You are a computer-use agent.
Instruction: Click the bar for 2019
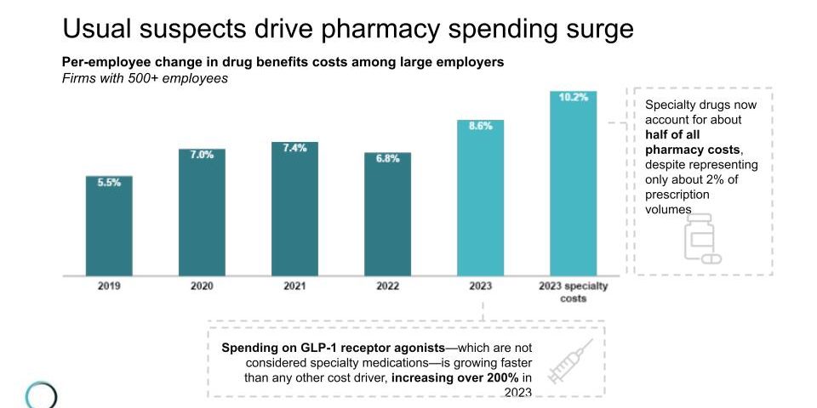click(109, 226)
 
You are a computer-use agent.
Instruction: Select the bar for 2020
click(202, 212)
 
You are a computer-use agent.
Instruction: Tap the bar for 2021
click(294, 209)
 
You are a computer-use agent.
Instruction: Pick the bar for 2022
click(387, 214)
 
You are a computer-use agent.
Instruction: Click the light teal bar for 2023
click(480, 197)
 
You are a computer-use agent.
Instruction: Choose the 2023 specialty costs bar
click(573, 184)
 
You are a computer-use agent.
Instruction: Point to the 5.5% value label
click(109, 183)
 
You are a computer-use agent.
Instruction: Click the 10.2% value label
click(573, 98)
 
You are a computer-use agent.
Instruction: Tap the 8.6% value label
click(481, 126)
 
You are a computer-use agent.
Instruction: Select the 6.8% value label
click(387, 159)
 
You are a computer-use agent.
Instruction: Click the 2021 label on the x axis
click(294, 286)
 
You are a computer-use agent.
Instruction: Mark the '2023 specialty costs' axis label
click(573, 292)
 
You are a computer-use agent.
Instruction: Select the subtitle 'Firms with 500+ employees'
click(145, 78)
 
